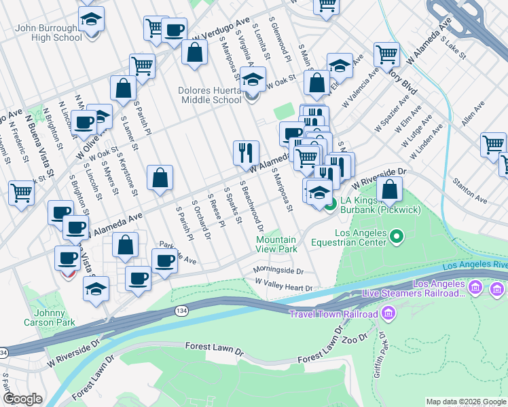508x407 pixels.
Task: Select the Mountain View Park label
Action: coord(276,244)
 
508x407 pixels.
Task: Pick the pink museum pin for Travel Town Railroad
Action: coord(388,313)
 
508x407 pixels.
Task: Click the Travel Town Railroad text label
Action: coord(333,314)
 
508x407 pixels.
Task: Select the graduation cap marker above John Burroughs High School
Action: coord(91,20)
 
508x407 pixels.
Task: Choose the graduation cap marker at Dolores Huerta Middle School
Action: coord(253,81)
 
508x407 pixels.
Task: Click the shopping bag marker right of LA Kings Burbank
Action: coord(390,189)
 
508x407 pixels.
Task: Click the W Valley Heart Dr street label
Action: coord(283,288)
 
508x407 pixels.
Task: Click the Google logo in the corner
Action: coord(22,400)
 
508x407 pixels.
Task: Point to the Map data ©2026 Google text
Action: coord(466,402)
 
